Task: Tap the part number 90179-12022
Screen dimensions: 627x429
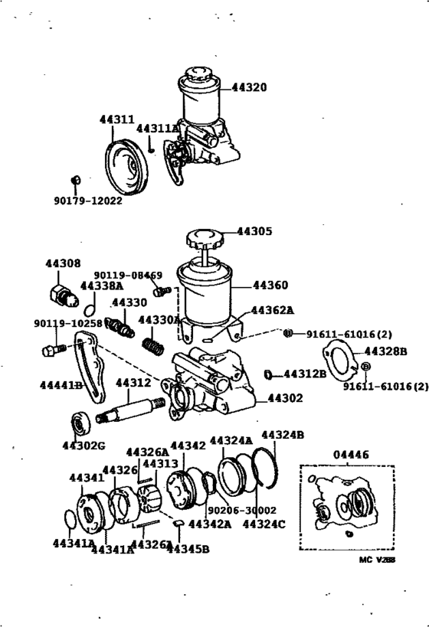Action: point(87,201)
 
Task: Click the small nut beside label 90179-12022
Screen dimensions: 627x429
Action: point(75,181)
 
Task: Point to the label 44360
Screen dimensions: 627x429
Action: point(270,286)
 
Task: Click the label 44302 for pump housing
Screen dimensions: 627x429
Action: point(285,398)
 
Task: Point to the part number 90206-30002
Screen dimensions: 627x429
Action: point(241,510)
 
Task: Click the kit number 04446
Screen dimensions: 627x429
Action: point(349,455)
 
